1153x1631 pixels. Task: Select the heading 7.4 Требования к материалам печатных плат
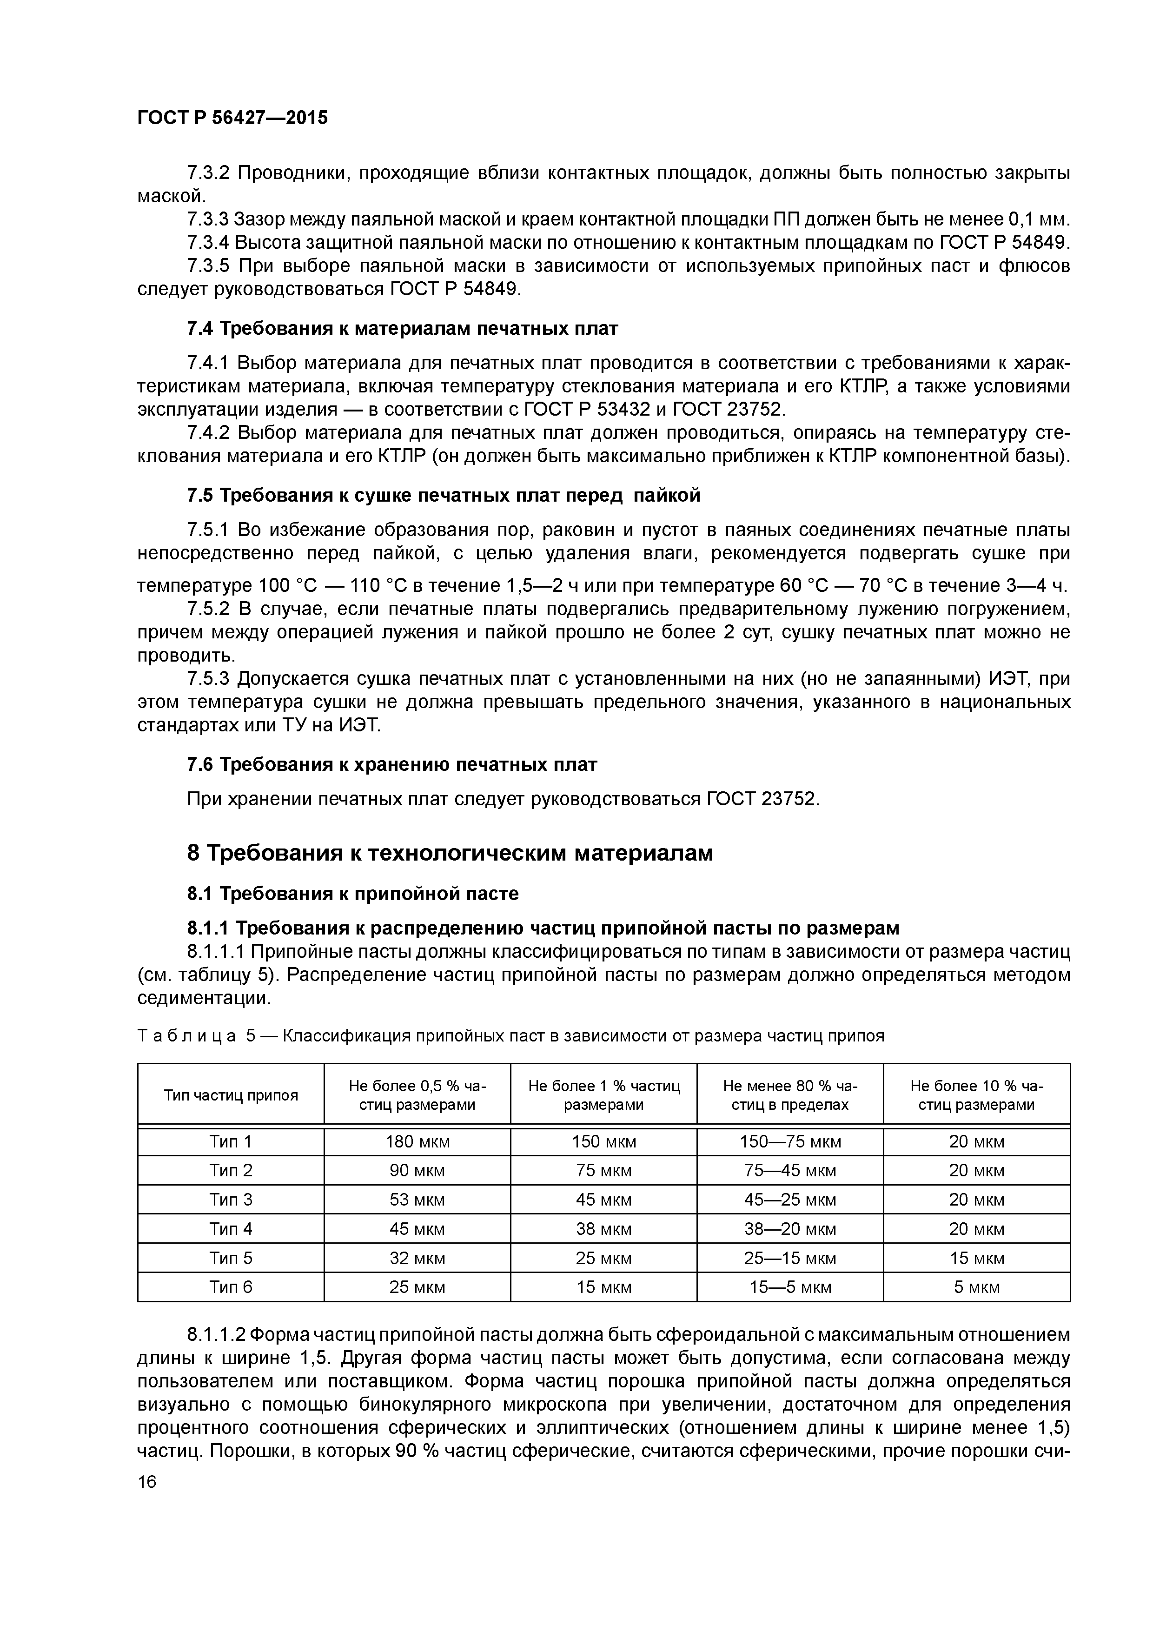point(402,329)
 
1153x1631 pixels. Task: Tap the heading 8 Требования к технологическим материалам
point(450,853)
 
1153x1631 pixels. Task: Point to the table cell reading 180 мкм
point(417,1141)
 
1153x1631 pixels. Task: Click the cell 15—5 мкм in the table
point(790,1287)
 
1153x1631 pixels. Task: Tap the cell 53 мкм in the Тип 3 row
point(417,1200)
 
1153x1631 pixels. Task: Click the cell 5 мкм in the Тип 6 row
point(976,1287)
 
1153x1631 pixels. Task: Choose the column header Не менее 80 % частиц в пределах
point(790,1094)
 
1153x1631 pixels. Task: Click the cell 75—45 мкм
point(790,1171)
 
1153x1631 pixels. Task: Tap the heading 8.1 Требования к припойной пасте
point(352,894)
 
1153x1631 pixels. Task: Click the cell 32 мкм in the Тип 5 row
point(417,1258)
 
